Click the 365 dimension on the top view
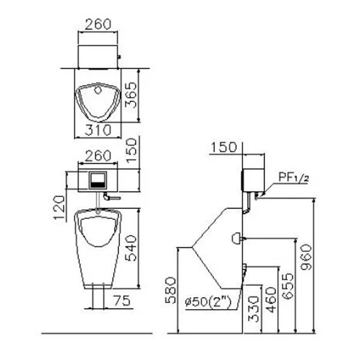coord(131,95)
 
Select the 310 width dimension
coord(98,130)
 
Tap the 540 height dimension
coord(131,248)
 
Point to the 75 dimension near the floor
coord(122,301)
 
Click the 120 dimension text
coord(59,208)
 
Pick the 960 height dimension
coord(307,257)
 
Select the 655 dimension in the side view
coord(288,286)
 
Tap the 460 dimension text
coord(271,299)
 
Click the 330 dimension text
coord(254,309)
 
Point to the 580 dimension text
coord(171,290)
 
